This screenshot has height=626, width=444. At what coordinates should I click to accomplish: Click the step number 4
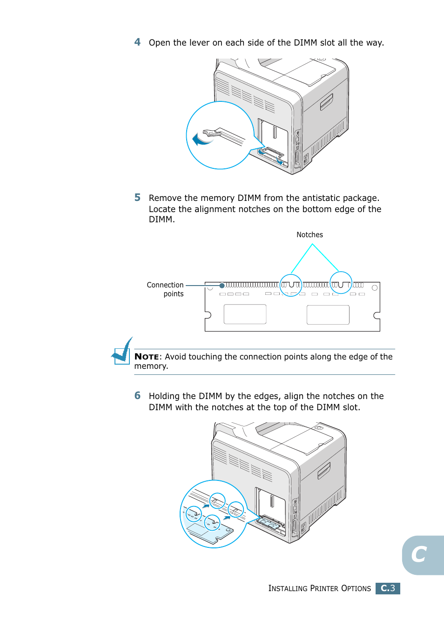pos(137,42)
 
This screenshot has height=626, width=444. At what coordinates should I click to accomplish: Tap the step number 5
pos(137,198)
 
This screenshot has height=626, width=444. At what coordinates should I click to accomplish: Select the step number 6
pos(137,396)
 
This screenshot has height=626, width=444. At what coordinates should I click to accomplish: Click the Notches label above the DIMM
pos(309,235)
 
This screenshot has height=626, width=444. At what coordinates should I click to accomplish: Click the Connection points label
pos(166,289)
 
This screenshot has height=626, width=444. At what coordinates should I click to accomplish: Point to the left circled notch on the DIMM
pos(291,285)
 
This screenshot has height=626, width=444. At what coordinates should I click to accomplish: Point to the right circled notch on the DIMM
pos(341,283)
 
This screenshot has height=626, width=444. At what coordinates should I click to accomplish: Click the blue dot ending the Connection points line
pos(222,286)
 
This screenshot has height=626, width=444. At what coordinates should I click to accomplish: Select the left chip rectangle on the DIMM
pos(245,314)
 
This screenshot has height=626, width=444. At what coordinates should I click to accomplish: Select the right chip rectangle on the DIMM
pos(328,315)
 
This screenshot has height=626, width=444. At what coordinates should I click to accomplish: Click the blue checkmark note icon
pos(122,352)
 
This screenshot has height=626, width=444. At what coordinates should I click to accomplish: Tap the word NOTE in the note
pos(147,357)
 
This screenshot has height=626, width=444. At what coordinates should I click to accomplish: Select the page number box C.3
pos(388,588)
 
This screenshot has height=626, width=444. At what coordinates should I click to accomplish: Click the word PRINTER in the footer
pos(324,588)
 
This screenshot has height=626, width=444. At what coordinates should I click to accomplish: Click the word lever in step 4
pos(199,43)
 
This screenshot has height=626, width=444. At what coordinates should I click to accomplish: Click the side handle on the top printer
pos(326,102)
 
